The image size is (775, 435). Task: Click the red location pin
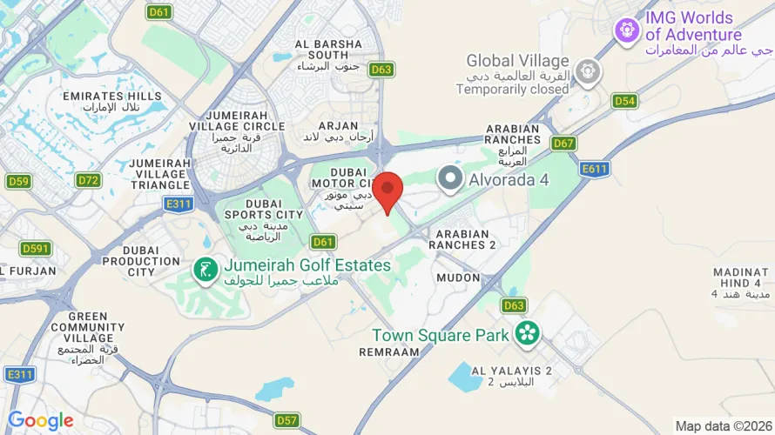pos(387,191)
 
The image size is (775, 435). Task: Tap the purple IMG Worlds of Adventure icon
pos(625,30)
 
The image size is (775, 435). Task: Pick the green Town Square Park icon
pos(526,332)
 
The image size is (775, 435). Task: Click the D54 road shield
pos(623,101)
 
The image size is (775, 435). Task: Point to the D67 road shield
pos(564,143)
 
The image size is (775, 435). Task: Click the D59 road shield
pos(18,181)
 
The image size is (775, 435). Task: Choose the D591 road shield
pos(36,249)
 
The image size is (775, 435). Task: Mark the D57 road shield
pos(287,420)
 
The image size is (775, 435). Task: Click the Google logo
pos(40,420)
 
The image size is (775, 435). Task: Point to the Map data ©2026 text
pos(724,425)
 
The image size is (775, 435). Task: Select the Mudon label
pos(458,278)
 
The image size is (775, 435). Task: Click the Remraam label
pos(389,351)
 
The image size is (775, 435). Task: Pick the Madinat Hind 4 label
pos(741,283)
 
